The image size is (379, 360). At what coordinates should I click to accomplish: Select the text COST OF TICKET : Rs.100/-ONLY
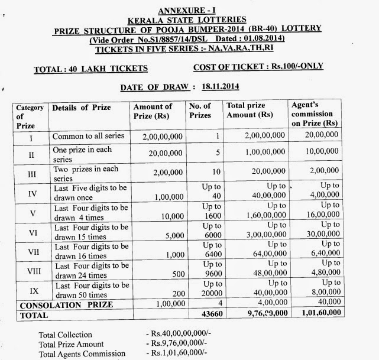[x=258, y=66]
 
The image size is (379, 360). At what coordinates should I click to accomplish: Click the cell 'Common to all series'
[x=88, y=136]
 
